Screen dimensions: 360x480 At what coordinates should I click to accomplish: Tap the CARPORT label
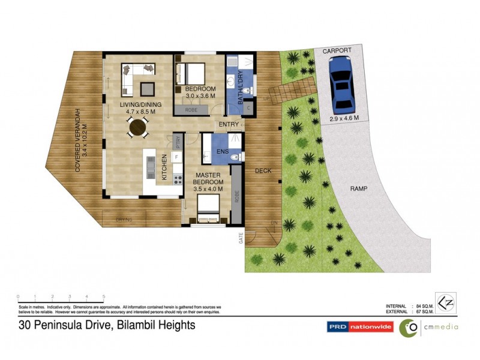pyautogui.click(x=336, y=52)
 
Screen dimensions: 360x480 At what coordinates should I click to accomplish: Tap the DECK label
pyautogui.click(x=263, y=170)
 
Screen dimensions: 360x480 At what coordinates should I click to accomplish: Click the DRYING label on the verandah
pyautogui.click(x=124, y=220)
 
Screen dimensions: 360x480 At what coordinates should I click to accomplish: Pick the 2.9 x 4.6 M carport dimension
pyautogui.click(x=344, y=118)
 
